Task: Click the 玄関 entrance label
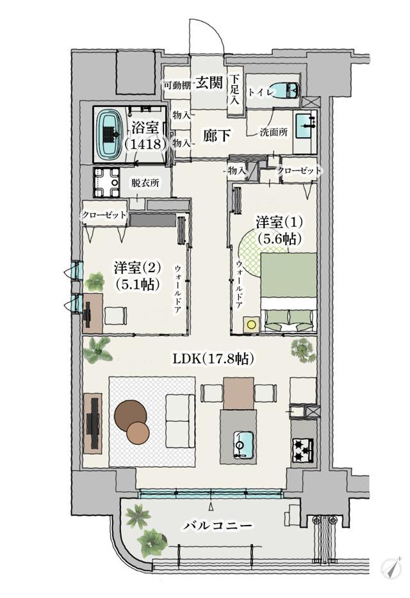209,83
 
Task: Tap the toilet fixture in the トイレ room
287,92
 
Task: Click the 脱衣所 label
145,182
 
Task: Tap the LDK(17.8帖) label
213,359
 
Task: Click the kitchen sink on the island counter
243,442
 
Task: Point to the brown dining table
239,392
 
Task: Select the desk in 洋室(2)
93,312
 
